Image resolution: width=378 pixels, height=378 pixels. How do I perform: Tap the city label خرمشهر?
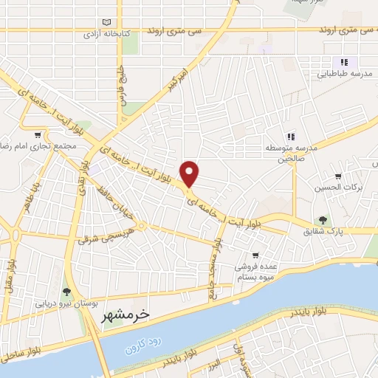tap(124, 314)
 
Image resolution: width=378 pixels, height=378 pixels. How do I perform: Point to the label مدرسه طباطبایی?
tap(345, 75)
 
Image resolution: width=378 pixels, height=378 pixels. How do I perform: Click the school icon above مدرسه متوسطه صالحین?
tap(291, 136)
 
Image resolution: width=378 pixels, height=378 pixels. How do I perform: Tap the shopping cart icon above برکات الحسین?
tap(338, 176)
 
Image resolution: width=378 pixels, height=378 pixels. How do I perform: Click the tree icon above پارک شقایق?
tap(322, 219)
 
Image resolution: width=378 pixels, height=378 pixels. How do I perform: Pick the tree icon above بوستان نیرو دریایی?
tap(66, 292)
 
